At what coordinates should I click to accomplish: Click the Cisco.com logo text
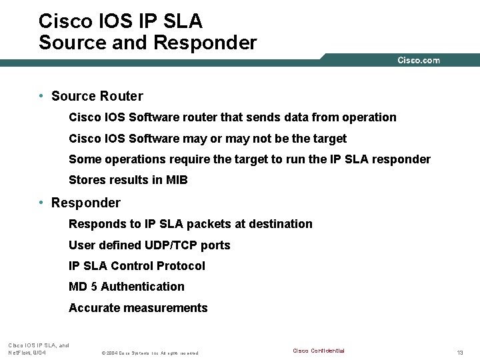419,61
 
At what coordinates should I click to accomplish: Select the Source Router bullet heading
97,96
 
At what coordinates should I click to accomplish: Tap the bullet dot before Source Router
41,96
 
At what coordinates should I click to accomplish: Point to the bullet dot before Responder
41,203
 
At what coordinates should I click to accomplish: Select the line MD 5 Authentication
127,287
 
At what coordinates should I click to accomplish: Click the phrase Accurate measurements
138,308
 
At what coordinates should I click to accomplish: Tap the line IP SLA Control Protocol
137,266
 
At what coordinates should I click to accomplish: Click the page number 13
459,352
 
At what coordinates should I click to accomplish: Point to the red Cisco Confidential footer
319,351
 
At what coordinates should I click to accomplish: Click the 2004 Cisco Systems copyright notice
149,353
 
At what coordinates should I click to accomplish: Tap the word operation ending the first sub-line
369,117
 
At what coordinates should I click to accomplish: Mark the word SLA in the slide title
177,21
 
